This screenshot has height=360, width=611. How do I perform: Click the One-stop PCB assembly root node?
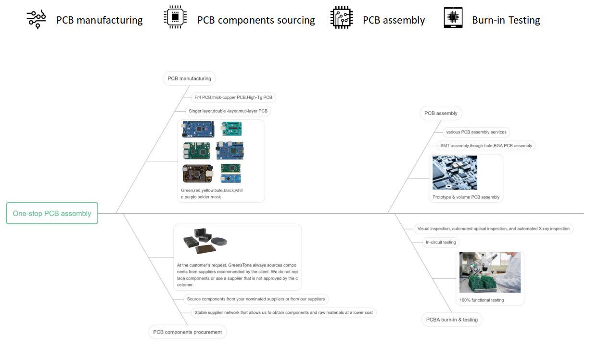click(52, 213)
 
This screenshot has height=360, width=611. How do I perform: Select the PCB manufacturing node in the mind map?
click(189, 78)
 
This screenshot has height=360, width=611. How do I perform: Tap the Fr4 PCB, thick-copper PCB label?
click(233, 97)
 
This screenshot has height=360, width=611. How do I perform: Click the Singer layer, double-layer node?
click(228, 111)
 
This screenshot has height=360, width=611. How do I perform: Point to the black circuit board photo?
click(197, 174)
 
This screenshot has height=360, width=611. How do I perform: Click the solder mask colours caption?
click(212, 193)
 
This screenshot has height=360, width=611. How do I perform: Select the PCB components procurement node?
click(187, 332)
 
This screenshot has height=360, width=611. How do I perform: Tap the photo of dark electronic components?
click(204, 241)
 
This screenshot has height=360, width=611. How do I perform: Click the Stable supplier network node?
click(283, 313)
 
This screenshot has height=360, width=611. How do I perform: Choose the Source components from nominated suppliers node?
click(255, 299)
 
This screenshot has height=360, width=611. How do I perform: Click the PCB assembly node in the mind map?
click(441, 114)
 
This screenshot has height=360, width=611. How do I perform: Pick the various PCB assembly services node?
click(476, 132)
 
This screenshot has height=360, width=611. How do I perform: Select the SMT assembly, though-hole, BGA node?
click(486, 146)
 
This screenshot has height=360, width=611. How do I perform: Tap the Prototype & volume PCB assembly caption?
click(466, 197)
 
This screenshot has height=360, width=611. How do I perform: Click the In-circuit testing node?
click(440, 243)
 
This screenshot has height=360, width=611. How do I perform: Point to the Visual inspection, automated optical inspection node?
click(493, 229)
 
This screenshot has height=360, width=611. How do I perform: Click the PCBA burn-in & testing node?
click(451, 320)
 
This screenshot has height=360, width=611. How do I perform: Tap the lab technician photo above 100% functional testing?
click(489, 272)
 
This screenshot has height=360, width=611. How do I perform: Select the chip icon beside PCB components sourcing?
click(175, 18)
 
